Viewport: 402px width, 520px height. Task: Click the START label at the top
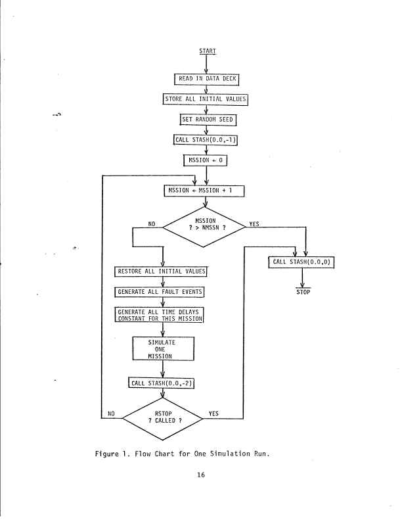click(207, 51)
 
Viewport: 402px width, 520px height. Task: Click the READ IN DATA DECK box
click(207, 80)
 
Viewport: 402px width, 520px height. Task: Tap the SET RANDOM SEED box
click(208, 120)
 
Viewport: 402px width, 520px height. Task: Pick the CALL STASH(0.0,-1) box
click(207, 139)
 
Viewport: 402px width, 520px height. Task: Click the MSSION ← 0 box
click(207, 160)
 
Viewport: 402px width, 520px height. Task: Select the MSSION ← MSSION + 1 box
click(207, 191)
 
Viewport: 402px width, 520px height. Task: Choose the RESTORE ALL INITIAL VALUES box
click(162, 272)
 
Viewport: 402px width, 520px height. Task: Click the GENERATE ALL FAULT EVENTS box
click(161, 291)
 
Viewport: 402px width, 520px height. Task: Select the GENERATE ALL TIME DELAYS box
click(161, 315)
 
